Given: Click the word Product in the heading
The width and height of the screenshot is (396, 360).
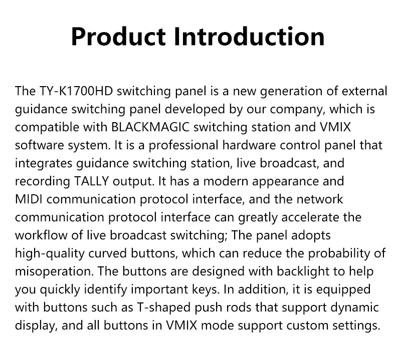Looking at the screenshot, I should pyautogui.click(x=118, y=37).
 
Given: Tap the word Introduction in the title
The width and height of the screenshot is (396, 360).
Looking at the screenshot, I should pyautogui.click(x=249, y=37).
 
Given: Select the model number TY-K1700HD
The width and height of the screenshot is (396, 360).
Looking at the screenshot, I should pyautogui.click(x=72, y=91).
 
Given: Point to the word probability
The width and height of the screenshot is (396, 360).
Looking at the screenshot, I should pyautogui.click(x=341, y=253).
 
